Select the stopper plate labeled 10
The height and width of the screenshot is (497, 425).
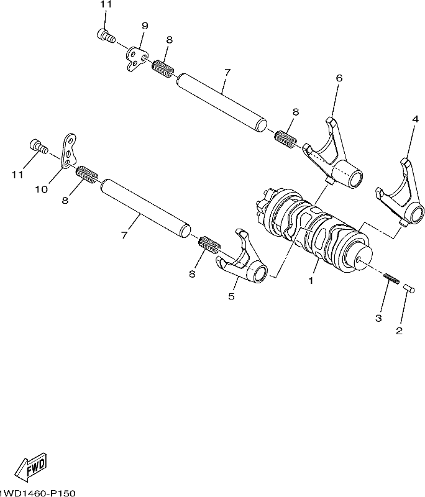coord(69,150)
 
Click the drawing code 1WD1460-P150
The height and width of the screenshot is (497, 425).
coord(37,493)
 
